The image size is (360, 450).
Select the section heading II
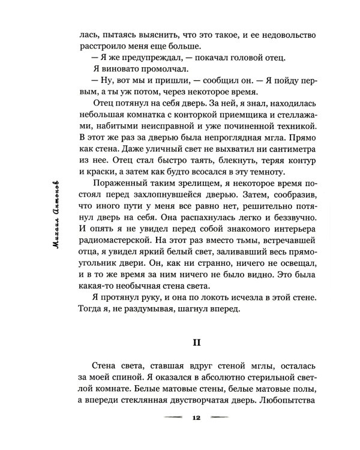tap(195, 343)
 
